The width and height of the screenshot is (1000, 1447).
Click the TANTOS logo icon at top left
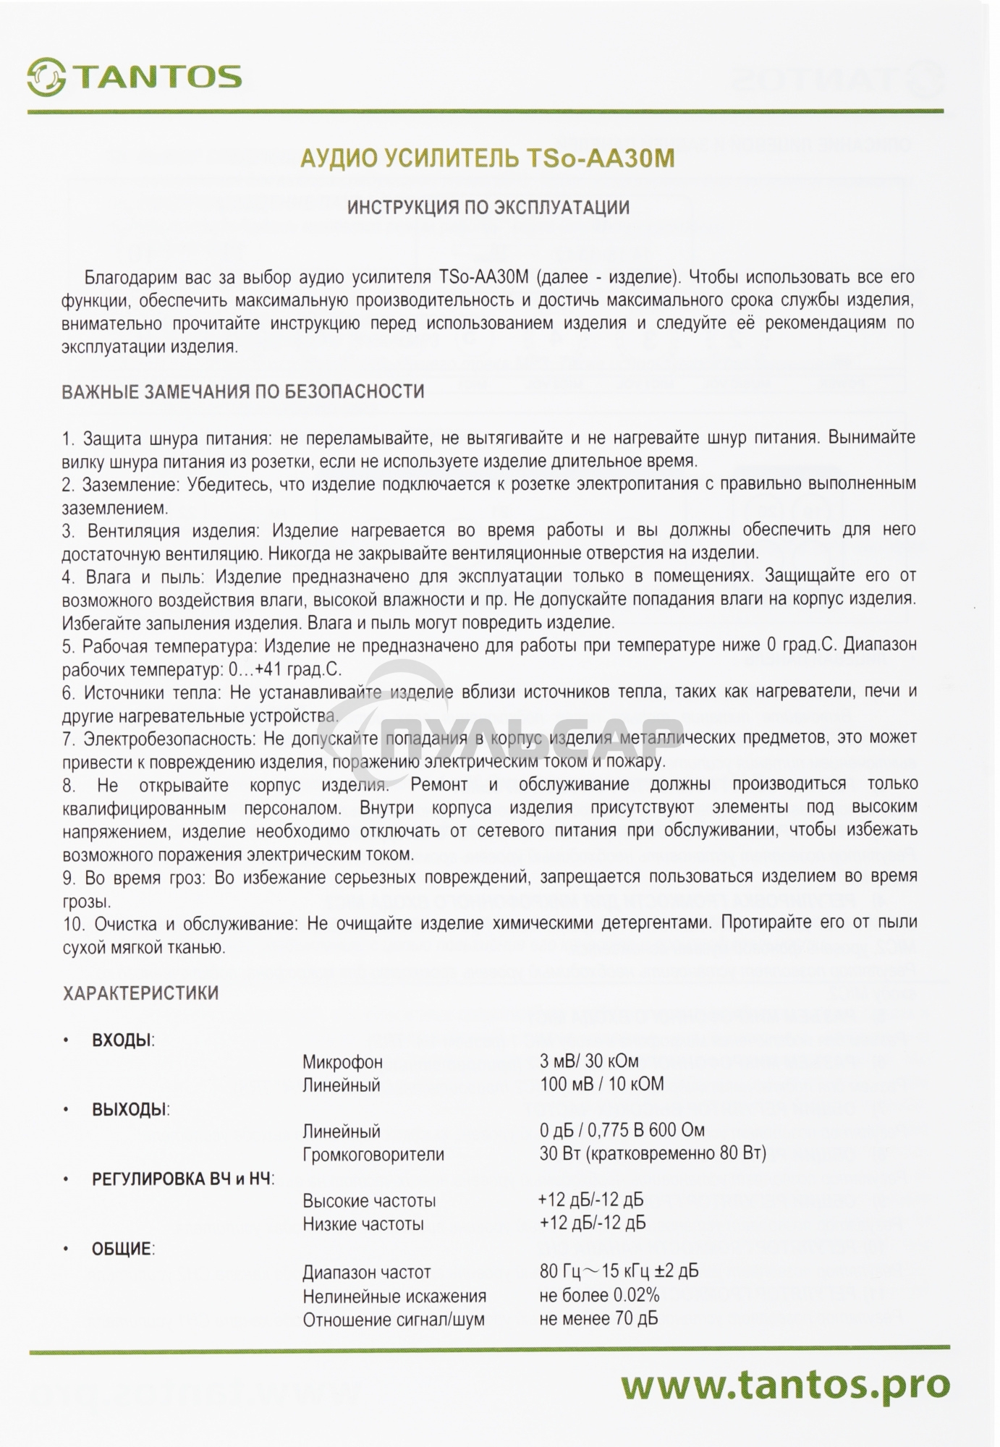pyautogui.click(x=47, y=77)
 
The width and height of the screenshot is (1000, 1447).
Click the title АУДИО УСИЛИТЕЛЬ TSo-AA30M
pyautogui.click(x=487, y=158)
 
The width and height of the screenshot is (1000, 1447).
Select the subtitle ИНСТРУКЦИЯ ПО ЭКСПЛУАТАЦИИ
pyautogui.click(x=488, y=208)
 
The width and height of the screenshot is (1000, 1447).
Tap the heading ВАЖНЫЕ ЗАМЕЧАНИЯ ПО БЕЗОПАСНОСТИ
pyautogui.click(x=243, y=392)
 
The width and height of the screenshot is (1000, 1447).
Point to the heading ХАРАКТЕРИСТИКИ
pyautogui.click(x=140, y=993)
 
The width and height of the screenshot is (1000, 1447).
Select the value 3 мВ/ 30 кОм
pyautogui.click(x=589, y=1061)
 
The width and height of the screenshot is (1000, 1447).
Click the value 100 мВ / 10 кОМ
pyautogui.click(x=601, y=1085)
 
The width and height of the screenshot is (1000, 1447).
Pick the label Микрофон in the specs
pyautogui.click(x=342, y=1062)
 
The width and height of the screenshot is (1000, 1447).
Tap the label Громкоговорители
pyautogui.click(x=373, y=1154)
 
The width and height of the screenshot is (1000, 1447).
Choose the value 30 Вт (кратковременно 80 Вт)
pyautogui.click(x=653, y=1153)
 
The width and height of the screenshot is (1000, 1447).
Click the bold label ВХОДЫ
pyautogui.click(x=122, y=1040)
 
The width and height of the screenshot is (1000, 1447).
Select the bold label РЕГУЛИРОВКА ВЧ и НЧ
pyautogui.click(x=182, y=1179)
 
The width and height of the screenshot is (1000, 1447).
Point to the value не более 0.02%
pyautogui.click(x=599, y=1295)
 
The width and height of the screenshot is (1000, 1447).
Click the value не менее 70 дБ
pyautogui.click(x=598, y=1318)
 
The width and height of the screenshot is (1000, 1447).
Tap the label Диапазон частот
pyautogui.click(x=366, y=1272)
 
